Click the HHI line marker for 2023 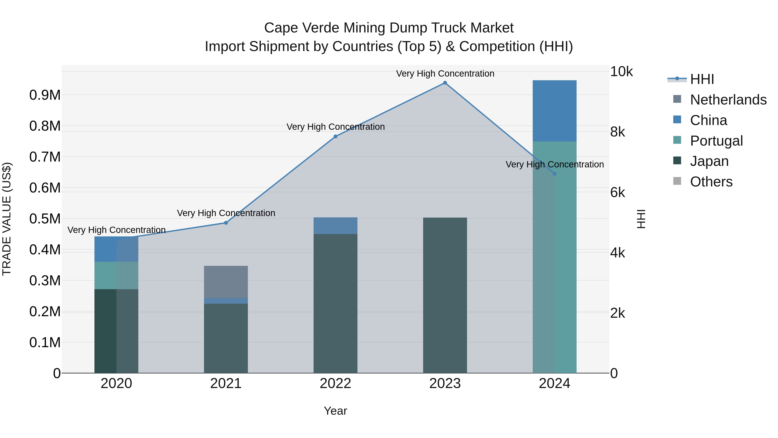(x=445, y=83)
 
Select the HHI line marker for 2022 (x=335, y=136)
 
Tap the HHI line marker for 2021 (x=226, y=223)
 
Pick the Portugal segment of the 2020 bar (x=116, y=275)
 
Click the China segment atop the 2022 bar (x=335, y=226)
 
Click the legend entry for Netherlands (x=728, y=100)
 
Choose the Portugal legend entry (x=716, y=141)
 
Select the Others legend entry (x=711, y=182)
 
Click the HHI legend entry (x=702, y=79)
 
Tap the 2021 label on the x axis (x=226, y=383)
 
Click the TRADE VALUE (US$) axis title (x=7, y=219)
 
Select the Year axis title (x=335, y=411)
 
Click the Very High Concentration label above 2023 (x=445, y=74)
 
